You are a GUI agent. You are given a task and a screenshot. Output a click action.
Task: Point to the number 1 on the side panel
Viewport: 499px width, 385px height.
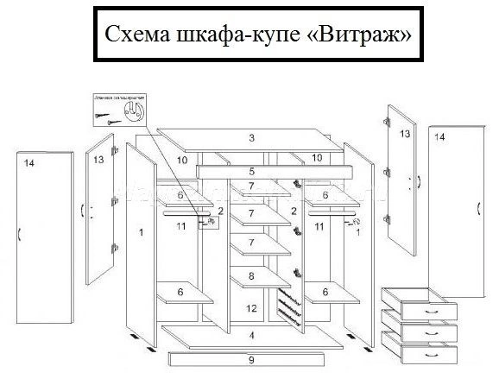pyautogui.click(x=140, y=231)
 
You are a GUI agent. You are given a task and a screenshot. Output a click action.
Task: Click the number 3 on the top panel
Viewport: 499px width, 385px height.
pyautogui.click(x=251, y=138)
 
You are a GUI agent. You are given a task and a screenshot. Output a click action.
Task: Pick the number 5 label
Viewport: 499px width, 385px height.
pyautogui.click(x=251, y=172)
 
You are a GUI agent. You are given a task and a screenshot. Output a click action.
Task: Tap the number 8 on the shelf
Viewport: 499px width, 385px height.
pyautogui.click(x=251, y=275)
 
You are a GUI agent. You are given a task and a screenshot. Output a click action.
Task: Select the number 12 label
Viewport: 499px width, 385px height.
pyautogui.click(x=251, y=307)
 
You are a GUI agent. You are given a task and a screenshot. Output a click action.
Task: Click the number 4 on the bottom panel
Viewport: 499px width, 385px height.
pyautogui.click(x=251, y=335)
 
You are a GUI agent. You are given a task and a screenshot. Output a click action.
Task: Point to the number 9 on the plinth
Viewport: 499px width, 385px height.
pyautogui.click(x=251, y=358)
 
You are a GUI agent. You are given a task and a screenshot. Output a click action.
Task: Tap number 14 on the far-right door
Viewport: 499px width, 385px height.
pyautogui.click(x=439, y=137)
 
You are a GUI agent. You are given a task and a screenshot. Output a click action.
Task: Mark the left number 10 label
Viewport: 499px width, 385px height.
pyautogui.click(x=182, y=160)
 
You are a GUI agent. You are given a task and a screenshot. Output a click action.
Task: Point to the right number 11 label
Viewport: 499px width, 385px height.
pyautogui.click(x=319, y=226)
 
